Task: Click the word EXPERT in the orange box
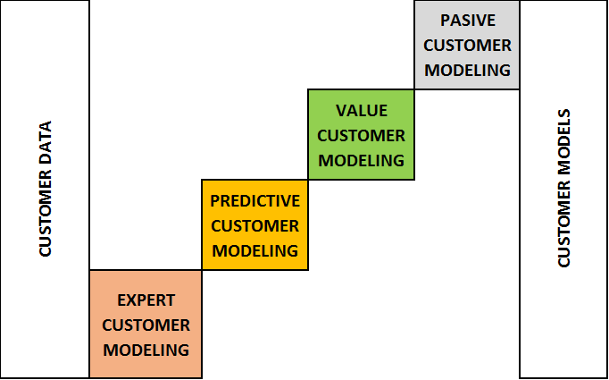[146, 300]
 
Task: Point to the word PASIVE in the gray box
[467, 20]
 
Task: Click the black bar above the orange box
[146, 261]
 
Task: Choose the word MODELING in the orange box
[146, 350]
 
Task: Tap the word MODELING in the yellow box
[254, 250]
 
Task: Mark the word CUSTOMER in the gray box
[467, 45]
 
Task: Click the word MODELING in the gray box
[467, 70]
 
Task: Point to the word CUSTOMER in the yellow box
[254, 225]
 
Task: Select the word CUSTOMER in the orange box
[146, 325]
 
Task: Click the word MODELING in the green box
[361, 160]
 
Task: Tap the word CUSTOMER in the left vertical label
[46, 215]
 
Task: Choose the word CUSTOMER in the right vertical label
[563, 224]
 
